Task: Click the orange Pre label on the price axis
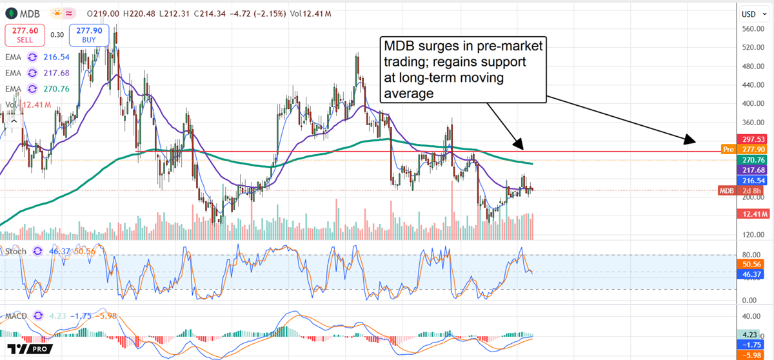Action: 728,150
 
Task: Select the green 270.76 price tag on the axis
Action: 753,159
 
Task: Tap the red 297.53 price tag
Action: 753,139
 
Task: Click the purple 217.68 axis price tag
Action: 753,170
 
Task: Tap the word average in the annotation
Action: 409,94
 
